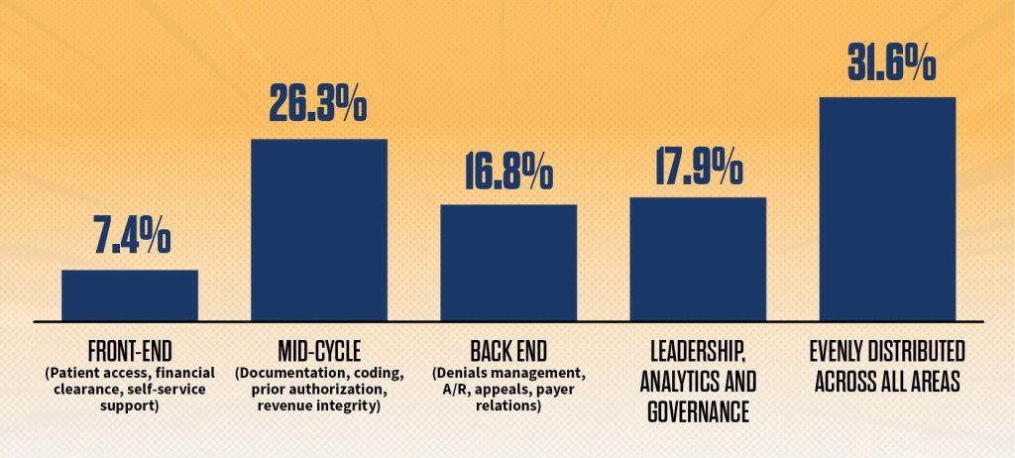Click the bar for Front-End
pyautogui.click(x=129, y=295)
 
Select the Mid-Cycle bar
pyautogui.click(x=318, y=230)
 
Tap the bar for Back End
pyautogui.click(x=508, y=263)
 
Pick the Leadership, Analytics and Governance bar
pyautogui.click(x=698, y=259)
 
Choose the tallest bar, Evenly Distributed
pyautogui.click(x=887, y=208)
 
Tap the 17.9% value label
pyautogui.click(x=698, y=168)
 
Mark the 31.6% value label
pyautogui.click(x=890, y=65)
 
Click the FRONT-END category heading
pyautogui.click(x=129, y=352)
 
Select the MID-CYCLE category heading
pyautogui.click(x=318, y=352)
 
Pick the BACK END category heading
pyautogui.click(x=508, y=352)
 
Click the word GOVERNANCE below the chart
pyautogui.click(x=698, y=408)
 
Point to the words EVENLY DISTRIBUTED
pyautogui.click(x=887, y=353)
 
